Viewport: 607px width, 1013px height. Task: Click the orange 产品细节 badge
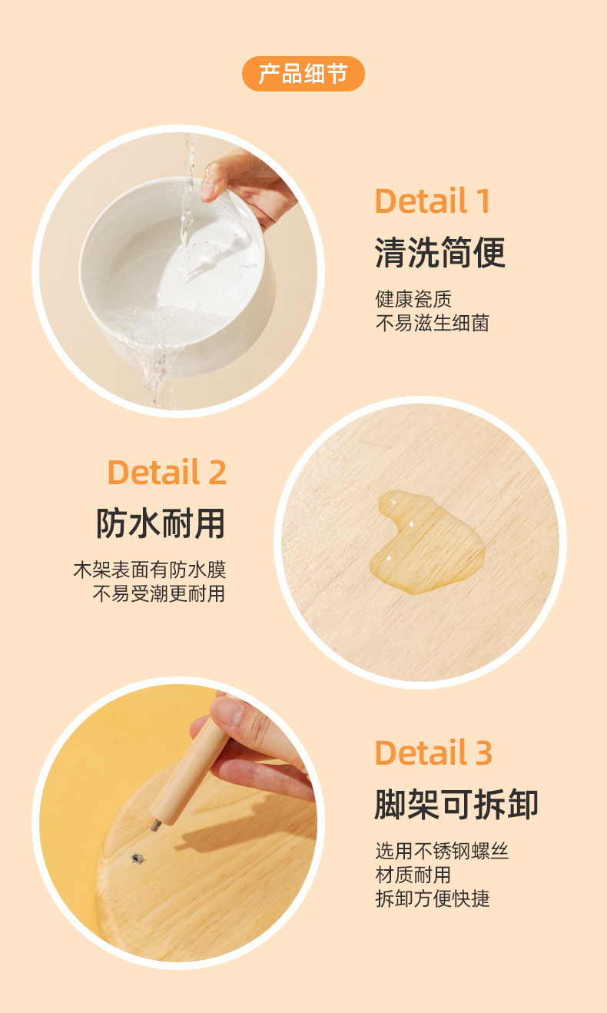(303, 74)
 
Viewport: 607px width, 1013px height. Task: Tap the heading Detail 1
(433, 201)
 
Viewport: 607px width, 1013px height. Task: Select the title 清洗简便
(440, 252)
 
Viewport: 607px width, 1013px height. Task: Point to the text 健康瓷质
(413, 298)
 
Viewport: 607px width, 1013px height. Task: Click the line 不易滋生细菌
(433, 322)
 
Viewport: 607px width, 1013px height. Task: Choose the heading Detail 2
(167, 472)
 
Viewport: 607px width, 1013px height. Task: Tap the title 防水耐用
(161, 523)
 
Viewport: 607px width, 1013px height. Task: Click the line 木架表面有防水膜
(149, 570)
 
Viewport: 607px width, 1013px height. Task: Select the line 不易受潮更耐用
(159, 593)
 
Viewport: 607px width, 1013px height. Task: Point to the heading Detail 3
(433, 752)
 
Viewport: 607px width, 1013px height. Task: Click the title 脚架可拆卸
(456, 804)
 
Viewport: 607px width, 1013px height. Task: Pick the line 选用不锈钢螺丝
(442, 851)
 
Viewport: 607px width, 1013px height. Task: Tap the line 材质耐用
(413, 875)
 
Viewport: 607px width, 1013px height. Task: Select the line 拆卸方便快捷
(433, 898)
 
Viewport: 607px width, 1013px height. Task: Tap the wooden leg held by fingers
(188, 769)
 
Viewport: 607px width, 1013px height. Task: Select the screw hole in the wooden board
(138, 857)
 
